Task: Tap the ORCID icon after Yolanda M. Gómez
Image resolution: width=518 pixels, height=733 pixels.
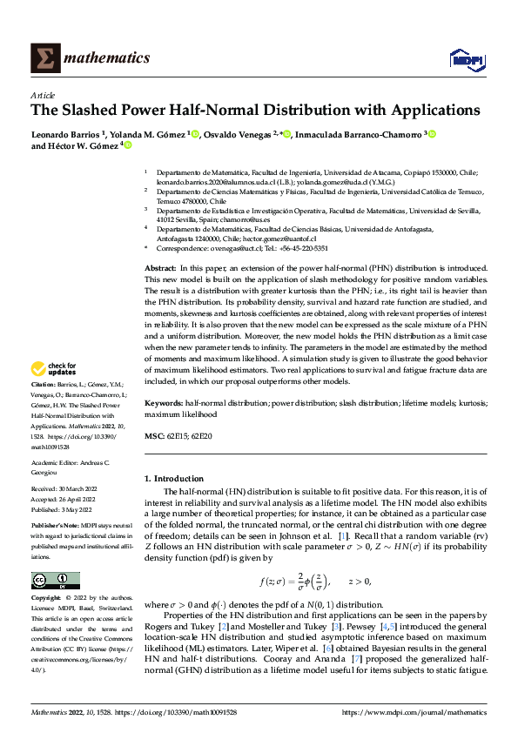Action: click(196, 134)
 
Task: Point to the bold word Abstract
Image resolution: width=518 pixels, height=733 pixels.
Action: click(159, 245)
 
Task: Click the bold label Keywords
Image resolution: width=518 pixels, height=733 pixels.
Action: click(163, 404)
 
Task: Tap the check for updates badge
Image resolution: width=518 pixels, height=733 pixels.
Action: click(54, 393)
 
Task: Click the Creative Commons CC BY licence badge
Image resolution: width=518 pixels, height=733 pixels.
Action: click(56, 556)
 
